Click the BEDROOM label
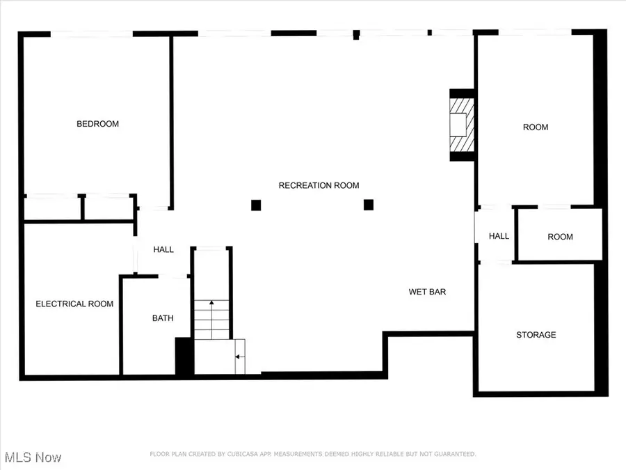(x=98, y=124)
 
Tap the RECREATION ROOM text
(x=319, y=185)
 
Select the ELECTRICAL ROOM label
(x=74, y=304)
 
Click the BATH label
(x=163, y=318)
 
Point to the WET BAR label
(x=427, y=292)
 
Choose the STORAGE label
(x=536, y=335)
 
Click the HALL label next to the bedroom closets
(x=163, y=249)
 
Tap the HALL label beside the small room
(x=499, y=236)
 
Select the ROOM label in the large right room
(x=536, y=127)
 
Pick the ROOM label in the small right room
(x=560, y=237)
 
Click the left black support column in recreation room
(x=256, y=205)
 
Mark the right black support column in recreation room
(x=369, y=205)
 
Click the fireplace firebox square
(x=458, y=125)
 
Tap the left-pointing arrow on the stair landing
(x=239, y=357)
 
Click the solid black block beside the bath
(x=184, y=356)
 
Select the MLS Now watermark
(x=33, y=457)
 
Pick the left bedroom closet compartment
(x=52, y=207)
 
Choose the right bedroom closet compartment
(x=109, y=207)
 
